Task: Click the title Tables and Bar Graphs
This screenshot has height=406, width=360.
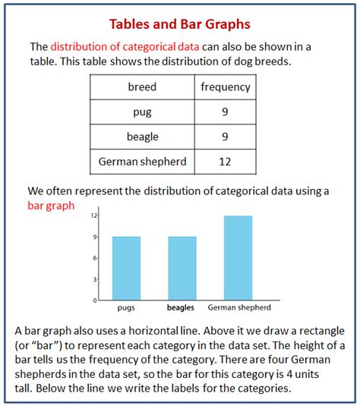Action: click(x=179, y=25)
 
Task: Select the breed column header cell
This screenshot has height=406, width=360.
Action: click(x=142, y=87)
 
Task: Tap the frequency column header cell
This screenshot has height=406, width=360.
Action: click(x=225, y=87)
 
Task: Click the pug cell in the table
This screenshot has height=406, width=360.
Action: click(x=142, y=113)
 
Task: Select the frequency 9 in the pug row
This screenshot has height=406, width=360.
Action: click(x=225, y=113)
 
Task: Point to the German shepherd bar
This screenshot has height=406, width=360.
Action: click(x=238, y=258)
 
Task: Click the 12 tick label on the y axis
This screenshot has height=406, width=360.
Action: click(x=94, y=216)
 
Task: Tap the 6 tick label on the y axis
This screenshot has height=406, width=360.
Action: click(x=95, y=258)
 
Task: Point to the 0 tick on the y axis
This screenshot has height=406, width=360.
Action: click(x=95, y=300)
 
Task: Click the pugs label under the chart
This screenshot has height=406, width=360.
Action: click(x=126, y=308)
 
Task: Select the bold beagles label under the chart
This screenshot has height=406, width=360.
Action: click(x=182, y=308)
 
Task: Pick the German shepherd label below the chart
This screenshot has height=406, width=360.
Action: click(x=238, y=308)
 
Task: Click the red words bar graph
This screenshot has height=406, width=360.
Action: click(x=51, y=205)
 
